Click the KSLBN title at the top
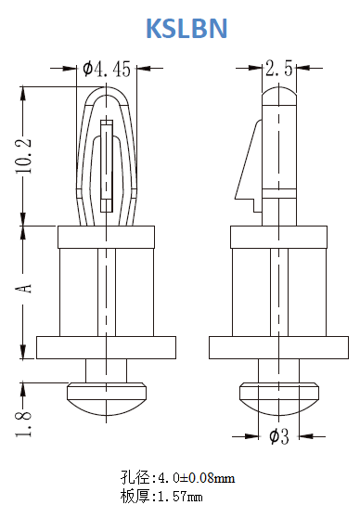coord(186,29)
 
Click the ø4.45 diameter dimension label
coord(107,69)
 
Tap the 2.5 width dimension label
coord(279,68)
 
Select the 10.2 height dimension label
coord(23,155)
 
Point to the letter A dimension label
coord(24,289)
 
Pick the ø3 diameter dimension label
coord(279,436)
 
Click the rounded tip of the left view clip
coord(106,89)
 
